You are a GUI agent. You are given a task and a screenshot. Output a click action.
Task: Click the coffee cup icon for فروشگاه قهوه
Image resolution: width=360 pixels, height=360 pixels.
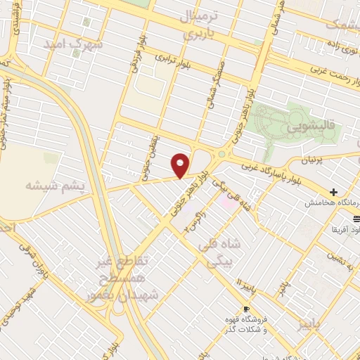pyautogui.click(x=246, y=309)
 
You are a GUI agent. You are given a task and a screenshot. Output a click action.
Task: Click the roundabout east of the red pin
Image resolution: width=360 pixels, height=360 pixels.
pyautogui.click(x=222, y=154)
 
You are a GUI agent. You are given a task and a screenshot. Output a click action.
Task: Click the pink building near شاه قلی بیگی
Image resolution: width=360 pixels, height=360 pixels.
pyautogui.click(x=225, y=203)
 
